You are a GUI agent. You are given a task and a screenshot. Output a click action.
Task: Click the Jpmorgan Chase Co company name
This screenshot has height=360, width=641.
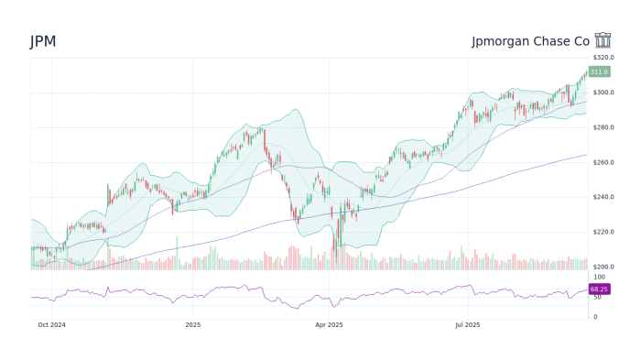(530, 41)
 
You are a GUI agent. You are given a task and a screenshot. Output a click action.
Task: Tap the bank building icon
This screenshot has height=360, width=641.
(603, 40)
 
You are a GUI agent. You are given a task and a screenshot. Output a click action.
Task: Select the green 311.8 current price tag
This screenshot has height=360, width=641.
(599, 71)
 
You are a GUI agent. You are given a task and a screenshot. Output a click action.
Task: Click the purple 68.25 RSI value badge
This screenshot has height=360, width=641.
(599, 289)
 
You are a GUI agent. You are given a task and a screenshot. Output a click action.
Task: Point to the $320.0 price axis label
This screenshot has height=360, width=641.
(603, 58)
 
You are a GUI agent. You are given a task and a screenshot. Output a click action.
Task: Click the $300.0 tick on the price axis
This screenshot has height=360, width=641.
(603, 93)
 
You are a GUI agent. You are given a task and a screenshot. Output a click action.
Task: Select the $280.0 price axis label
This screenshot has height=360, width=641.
(603, 127)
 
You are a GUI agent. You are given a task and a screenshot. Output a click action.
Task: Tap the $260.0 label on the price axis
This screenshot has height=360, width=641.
(603, 162)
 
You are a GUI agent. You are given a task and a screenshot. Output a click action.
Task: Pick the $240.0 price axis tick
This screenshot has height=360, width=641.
(603, 197)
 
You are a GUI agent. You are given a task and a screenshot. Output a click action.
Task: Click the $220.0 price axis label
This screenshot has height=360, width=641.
(603, 232)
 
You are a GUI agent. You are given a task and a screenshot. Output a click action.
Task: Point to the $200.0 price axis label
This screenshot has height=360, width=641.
(603, 267)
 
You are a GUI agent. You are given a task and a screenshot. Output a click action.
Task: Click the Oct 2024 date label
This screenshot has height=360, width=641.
(51, 324)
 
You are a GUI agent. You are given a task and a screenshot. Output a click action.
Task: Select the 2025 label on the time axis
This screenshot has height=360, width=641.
(192, 324)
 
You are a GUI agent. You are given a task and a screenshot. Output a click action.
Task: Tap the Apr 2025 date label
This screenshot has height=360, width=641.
(328, 324)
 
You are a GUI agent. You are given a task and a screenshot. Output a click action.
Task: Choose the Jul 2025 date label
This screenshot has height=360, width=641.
(467, 324)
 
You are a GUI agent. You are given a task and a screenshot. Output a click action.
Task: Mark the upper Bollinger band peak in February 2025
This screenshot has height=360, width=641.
(295, 111)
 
